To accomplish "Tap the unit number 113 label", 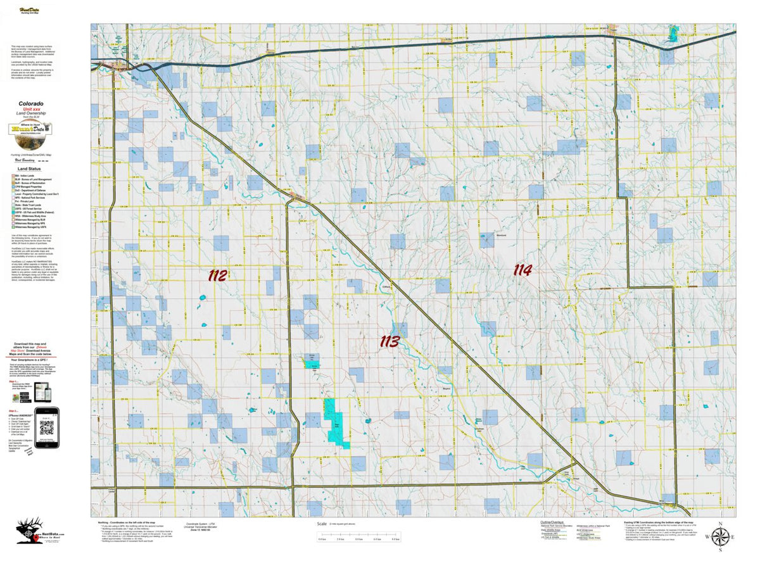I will point(389,342).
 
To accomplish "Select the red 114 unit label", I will point(522,270).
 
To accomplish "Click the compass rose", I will point(719,538).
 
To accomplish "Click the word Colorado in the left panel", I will point(30,103).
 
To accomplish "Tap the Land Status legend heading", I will point(30,169).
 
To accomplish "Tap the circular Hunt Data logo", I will point(30,129).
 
